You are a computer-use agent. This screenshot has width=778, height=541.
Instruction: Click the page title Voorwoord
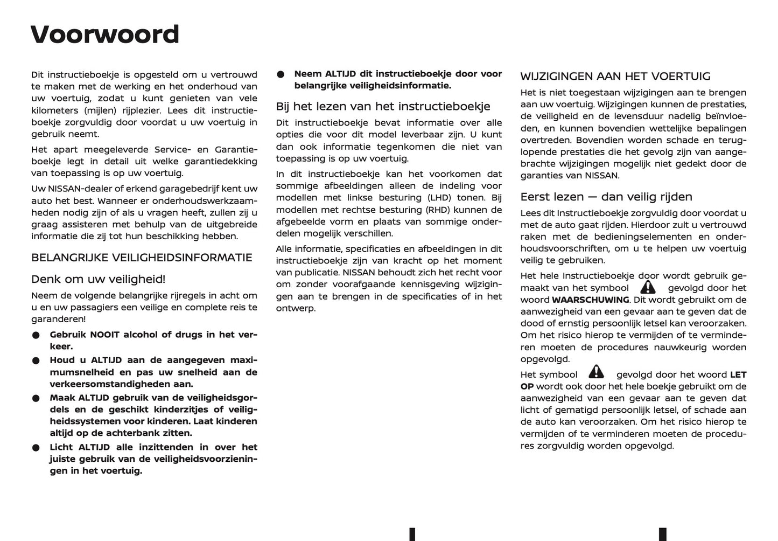click(x=104, y=34)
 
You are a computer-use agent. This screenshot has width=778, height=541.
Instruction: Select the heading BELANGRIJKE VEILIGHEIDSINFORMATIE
click(x=142, y=258)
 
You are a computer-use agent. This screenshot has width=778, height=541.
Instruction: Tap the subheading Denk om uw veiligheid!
click(x=98, y=279)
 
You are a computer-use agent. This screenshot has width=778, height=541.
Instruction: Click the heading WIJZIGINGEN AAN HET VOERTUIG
click(x=615, y=77)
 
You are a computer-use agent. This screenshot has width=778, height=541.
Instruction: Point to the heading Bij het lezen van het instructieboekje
click(x=383, y=106)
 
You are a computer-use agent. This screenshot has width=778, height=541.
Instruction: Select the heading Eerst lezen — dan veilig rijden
click(x=606, y=197)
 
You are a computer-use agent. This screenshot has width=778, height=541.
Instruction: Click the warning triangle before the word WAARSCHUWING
click(x=648, y=287)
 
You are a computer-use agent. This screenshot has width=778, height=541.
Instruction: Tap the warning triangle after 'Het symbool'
click(x=597, y=372)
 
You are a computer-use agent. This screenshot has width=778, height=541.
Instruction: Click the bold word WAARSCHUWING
click(x=591, y=300)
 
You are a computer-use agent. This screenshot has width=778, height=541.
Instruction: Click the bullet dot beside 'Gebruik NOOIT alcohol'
click(x=36, y=336)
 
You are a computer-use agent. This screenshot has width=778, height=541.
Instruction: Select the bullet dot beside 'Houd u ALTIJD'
click(x=36, y=360)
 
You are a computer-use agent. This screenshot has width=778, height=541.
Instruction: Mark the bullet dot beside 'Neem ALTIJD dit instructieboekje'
click(x=281, y=75)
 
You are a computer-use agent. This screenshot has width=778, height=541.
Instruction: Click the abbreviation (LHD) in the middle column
click(x=439, y=198)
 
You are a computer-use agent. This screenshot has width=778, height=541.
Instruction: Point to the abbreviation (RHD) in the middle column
click(x=438, y=210)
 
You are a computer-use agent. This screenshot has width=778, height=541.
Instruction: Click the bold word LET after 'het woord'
click(x=738, y=374)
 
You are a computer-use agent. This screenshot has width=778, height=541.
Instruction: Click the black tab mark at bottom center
click(x=412, y=535)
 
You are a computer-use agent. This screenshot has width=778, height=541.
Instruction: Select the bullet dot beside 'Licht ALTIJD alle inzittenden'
click(x=36, y=448)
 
